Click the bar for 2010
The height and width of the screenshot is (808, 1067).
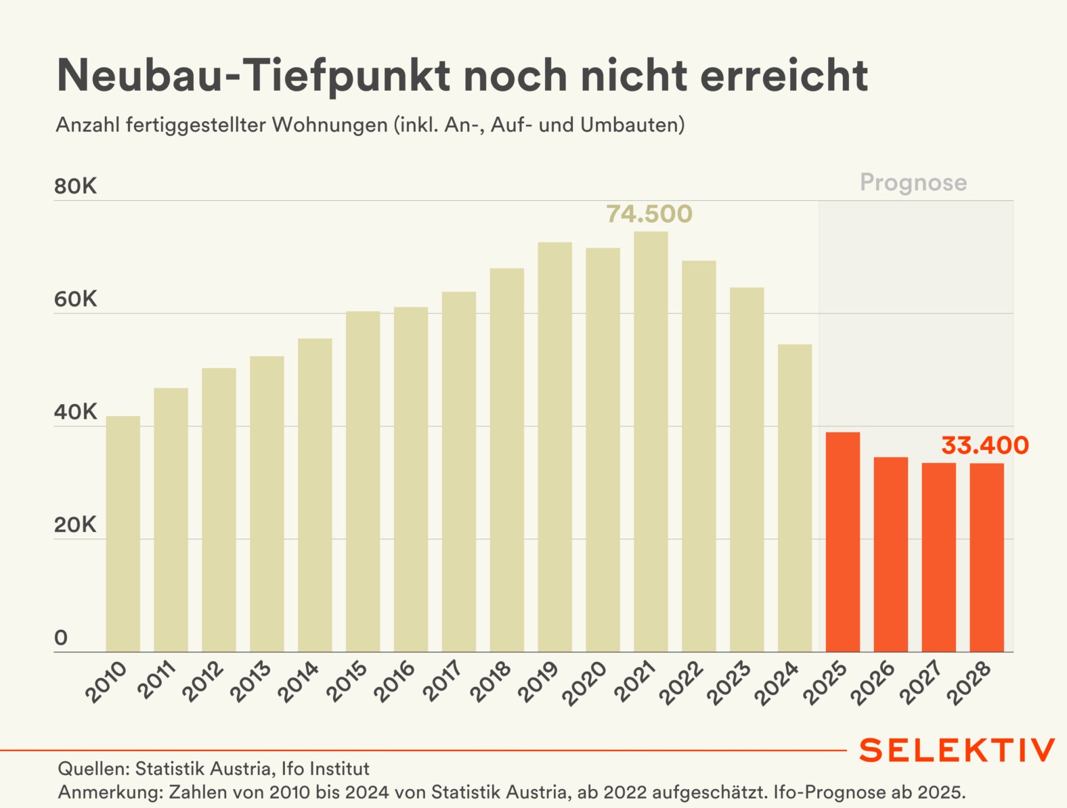[x=123, y=534]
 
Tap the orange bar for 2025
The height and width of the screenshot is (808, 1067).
[x=843, y=542]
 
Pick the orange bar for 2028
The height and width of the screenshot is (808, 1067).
[x=986, y=558]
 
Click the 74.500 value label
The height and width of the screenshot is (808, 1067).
[x=649, y=214]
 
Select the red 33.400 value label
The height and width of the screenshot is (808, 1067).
[x=984, y=445]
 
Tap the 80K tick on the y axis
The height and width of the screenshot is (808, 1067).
[x=75, y=186]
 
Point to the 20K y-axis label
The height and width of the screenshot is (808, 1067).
[x=75, y=525]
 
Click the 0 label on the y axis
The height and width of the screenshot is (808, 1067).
[x=61, y=637]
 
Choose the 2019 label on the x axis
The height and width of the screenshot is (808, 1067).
[x=539, y=681]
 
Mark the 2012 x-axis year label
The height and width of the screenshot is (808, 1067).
[x=203, y=681]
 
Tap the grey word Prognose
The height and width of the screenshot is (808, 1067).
[x=913, y=183]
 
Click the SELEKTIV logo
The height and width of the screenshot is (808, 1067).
[x=957, y=750]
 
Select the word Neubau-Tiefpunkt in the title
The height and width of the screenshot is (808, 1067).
[x=253, y=75]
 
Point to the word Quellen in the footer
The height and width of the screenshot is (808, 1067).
[x=93, y=769]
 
